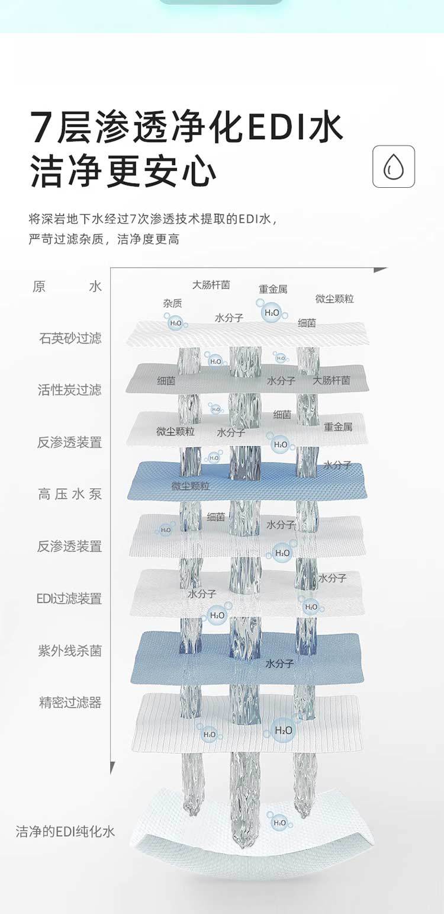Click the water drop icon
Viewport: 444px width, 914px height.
394,166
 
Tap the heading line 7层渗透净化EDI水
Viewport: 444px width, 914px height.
186,126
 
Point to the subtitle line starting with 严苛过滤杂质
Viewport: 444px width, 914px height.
104,239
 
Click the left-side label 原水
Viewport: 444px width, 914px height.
67,287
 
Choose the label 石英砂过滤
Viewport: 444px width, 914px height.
70,338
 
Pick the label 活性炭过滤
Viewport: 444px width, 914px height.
69,390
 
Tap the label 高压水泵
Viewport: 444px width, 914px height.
70,494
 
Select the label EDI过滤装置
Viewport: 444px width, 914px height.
69,598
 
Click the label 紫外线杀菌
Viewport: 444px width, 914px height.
70,650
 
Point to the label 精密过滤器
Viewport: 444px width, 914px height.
70,703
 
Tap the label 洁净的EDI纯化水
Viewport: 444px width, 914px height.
65,832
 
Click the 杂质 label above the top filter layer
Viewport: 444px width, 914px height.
172,303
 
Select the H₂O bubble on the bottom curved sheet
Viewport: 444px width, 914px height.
279,822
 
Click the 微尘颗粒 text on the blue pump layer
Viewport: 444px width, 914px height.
191,486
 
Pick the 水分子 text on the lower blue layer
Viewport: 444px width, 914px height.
279,663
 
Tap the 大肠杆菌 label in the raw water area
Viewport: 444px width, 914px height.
211,285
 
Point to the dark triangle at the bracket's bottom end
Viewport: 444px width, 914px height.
112,768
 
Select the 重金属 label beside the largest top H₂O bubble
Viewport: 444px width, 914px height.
273,289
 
